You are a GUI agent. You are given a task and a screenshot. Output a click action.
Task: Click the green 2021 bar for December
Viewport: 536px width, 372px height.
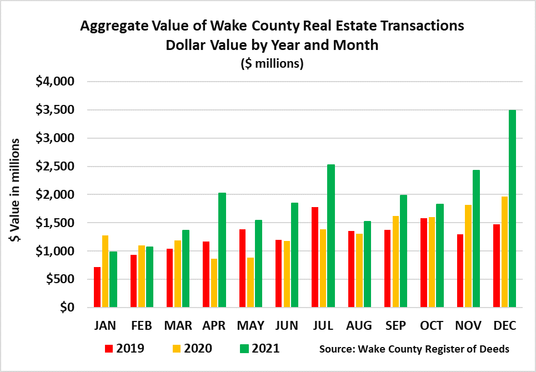click(512, 208)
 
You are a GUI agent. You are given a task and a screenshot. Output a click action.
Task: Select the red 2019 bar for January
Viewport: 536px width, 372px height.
click(97, 287)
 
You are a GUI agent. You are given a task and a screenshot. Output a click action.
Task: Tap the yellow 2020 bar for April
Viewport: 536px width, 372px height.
click(214, 283)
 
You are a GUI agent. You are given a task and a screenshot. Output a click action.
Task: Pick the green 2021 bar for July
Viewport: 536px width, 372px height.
click(331, 235)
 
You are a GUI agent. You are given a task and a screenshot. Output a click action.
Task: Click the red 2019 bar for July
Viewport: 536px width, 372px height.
click(315, 257)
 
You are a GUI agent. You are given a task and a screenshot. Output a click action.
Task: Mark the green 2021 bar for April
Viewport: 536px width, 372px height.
click(222, 250)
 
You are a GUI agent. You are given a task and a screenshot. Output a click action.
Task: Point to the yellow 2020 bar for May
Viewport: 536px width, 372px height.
click(251, 282)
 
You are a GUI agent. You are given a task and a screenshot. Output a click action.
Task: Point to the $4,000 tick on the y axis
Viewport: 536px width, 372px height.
click(55, 82)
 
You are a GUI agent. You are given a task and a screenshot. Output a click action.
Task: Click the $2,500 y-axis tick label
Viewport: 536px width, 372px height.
click(55, 167)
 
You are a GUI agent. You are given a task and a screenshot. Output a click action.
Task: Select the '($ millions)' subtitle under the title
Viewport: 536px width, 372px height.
click(272, 63)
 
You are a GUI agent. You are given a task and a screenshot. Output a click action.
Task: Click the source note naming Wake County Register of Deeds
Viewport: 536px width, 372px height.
click(414, 349)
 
